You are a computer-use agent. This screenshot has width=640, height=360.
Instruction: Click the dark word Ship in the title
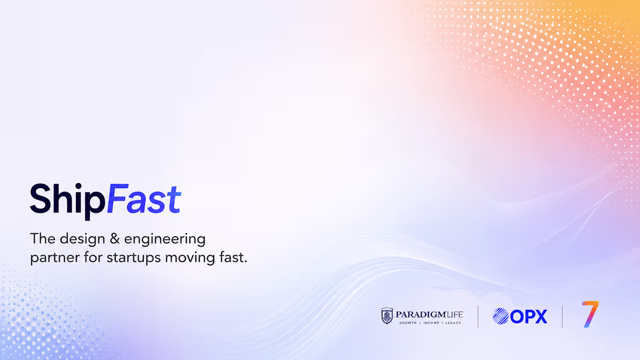tap(67, 201)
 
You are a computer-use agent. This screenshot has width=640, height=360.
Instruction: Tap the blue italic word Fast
tap(144, 199)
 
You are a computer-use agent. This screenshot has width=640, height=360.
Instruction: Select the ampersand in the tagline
tap(115, 238)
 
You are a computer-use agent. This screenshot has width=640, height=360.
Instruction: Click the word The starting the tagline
tap(43, 238)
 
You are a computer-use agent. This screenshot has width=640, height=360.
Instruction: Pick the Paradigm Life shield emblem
tap(387, 316)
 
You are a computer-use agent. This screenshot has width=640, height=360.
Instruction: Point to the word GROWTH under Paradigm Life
tap(408, 323)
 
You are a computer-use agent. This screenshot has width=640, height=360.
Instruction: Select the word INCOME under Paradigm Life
tap(431, 323)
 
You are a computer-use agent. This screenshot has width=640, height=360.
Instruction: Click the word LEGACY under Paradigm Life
tap(453, 323)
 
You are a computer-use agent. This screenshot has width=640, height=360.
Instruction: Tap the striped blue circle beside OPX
tap(500, 316)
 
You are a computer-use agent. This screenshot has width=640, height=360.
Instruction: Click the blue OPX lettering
tap(529, 316)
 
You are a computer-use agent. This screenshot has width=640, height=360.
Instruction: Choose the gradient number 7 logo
tap(590, 314)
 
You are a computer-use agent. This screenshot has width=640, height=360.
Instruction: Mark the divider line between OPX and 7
tap(562, 316)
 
